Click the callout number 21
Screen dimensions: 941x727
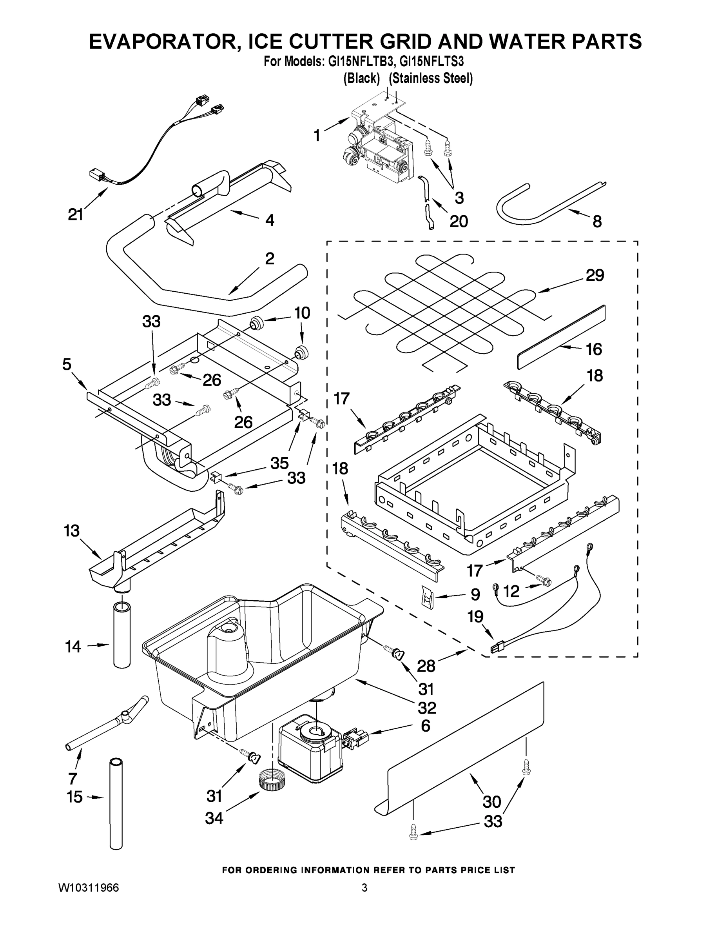(75, 214)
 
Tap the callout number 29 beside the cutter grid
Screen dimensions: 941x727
(595, 275)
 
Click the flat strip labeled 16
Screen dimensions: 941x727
(561, 337)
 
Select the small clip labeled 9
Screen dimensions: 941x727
(428, 598)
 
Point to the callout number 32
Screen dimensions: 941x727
(426, 707)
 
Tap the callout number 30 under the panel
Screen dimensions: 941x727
(492, 801)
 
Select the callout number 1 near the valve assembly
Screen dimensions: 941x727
(317, 135)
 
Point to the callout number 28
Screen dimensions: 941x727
(426, 666)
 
